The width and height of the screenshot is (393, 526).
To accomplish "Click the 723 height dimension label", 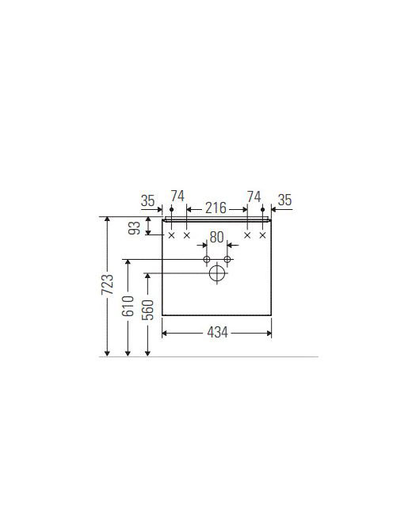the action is pos(108,284).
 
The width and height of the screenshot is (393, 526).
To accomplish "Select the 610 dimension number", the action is pos(128,306).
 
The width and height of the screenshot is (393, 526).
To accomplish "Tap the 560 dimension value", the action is pos(147,310).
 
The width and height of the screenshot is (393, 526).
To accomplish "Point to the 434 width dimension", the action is pos(217,333).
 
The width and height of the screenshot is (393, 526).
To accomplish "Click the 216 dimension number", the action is pos(216,208).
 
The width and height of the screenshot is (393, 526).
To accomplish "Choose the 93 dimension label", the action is pos(135,228).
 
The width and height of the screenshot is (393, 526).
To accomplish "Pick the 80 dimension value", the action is pos(216,237).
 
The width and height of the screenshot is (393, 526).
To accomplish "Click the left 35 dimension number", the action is pos(147,200).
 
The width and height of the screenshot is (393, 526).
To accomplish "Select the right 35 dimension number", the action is pos(285,200).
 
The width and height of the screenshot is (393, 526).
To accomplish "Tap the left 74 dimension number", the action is pos(177,196).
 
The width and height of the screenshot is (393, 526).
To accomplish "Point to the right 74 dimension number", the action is pos(254,196).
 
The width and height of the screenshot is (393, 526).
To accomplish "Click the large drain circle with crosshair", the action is pos(217,273).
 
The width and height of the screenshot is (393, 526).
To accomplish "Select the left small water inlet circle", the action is pos(207,259).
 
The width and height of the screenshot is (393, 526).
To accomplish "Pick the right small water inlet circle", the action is pos(227,259).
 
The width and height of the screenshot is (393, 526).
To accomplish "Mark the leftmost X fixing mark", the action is pos(171,235).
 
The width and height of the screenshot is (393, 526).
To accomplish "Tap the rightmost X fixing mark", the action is pos(263,235).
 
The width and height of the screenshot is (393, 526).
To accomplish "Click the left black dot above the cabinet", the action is pos(171,209).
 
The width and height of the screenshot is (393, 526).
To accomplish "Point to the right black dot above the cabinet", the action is pos(263,209).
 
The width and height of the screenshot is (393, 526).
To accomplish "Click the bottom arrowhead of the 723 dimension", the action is pos(107,353).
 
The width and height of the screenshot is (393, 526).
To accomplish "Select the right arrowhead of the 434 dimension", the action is pos(269,334).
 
